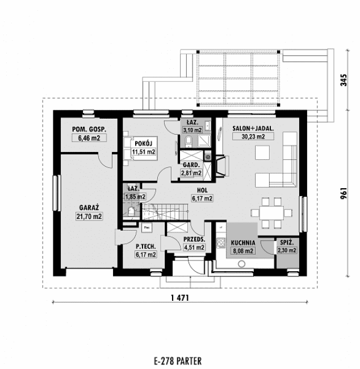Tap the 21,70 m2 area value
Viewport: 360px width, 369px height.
[x=89, y=216]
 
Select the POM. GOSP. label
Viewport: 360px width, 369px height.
[x=89, y=130]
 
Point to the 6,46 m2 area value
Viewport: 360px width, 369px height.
[x=89, y=138]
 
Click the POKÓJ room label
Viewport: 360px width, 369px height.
[x=143, y=144]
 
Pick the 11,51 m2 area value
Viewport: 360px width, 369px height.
[x=143, y=152]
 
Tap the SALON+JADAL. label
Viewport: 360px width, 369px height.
[x=253, y=129]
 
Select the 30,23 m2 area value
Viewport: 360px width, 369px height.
[x=253, y=136]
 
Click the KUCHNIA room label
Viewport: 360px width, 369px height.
[x=242, y=242]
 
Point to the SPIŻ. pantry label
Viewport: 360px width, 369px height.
[x=285, y=242]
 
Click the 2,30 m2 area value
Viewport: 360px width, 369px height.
[x=285, y=250]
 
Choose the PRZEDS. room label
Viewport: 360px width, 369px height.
[x=194, y=239]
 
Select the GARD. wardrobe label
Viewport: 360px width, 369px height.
[x=190, y=165]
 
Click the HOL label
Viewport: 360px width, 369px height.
[x=202, y=191]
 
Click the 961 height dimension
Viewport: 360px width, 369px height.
[x=343, y=194]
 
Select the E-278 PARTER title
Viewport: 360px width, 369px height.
[x=177, y=360]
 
